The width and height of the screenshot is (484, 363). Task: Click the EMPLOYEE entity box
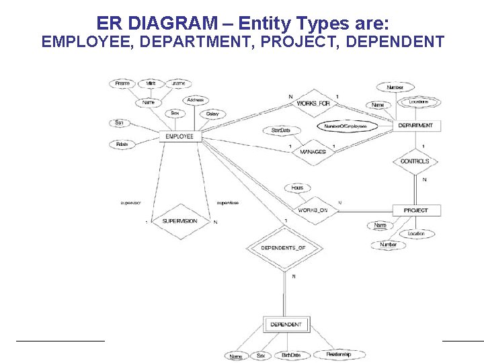pyautogui.click(x=179, y=136)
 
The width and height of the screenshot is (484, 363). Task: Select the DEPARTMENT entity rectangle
pyautogui.click(x=415, y=125)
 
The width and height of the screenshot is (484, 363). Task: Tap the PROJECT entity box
pyautogui.click(x=415, y=210)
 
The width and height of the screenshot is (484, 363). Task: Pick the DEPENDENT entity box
pyautogui.click(x=286, y=325)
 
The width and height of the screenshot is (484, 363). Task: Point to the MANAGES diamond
pyautogui.click(x=313, y=152)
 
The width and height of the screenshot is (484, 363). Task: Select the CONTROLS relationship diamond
pyautogui.click(x=415, y=161)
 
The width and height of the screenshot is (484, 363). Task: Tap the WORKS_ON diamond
pyautogui.click(x=313, y=210)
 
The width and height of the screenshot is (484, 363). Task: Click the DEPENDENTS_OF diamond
pyautogui.click(x=283, y=248)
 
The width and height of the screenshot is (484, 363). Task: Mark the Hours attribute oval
pyautogui.click(x=296, y=188)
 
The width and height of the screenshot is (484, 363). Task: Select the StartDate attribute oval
pyautogui.click(x=281, y=130)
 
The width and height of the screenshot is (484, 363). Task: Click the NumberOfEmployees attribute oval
pyautogui.click(x=346, y=126)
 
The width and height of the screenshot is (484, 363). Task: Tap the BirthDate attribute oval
pyautogui.click(x=290, y=355)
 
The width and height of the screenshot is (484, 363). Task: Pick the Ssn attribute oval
pyautogui.click(x=119, y=123)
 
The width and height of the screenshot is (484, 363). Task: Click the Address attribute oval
pyautogui.click(x=196, y=100)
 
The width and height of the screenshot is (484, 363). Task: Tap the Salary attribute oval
pyautogui.click(x=212, y=114)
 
